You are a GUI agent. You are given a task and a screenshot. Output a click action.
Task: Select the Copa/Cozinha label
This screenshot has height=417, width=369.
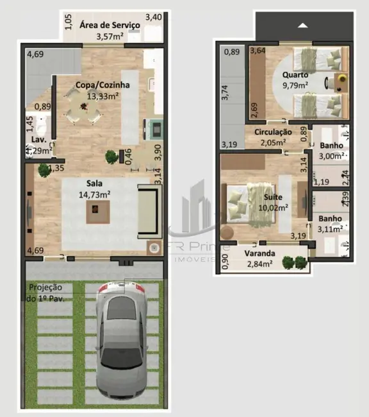click(102, 85)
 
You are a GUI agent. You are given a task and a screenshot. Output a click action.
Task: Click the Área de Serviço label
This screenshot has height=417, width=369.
click(110, 25)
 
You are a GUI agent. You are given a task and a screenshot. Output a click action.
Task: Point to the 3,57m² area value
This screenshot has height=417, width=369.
click(109, 37)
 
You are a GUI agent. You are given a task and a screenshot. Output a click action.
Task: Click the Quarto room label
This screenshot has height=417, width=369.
click(295, 74)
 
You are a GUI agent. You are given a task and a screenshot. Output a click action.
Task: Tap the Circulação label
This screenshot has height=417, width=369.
click(273, 132)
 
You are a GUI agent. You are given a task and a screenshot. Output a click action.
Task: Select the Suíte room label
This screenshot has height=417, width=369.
click(274, 196)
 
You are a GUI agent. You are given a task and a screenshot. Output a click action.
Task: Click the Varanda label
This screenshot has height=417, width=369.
click(259, 253)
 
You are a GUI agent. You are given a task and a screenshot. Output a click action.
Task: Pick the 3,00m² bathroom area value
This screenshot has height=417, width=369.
click(332, 155)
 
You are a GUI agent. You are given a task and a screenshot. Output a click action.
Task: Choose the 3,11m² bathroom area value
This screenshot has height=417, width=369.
click(331, 228)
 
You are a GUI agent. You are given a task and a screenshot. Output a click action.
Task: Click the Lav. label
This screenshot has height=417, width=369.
click(38, 140)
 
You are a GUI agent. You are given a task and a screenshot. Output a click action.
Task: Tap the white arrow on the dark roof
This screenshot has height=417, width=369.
click(304, 25)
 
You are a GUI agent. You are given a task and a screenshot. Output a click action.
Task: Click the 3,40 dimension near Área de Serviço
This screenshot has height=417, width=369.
click(154, 17)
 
